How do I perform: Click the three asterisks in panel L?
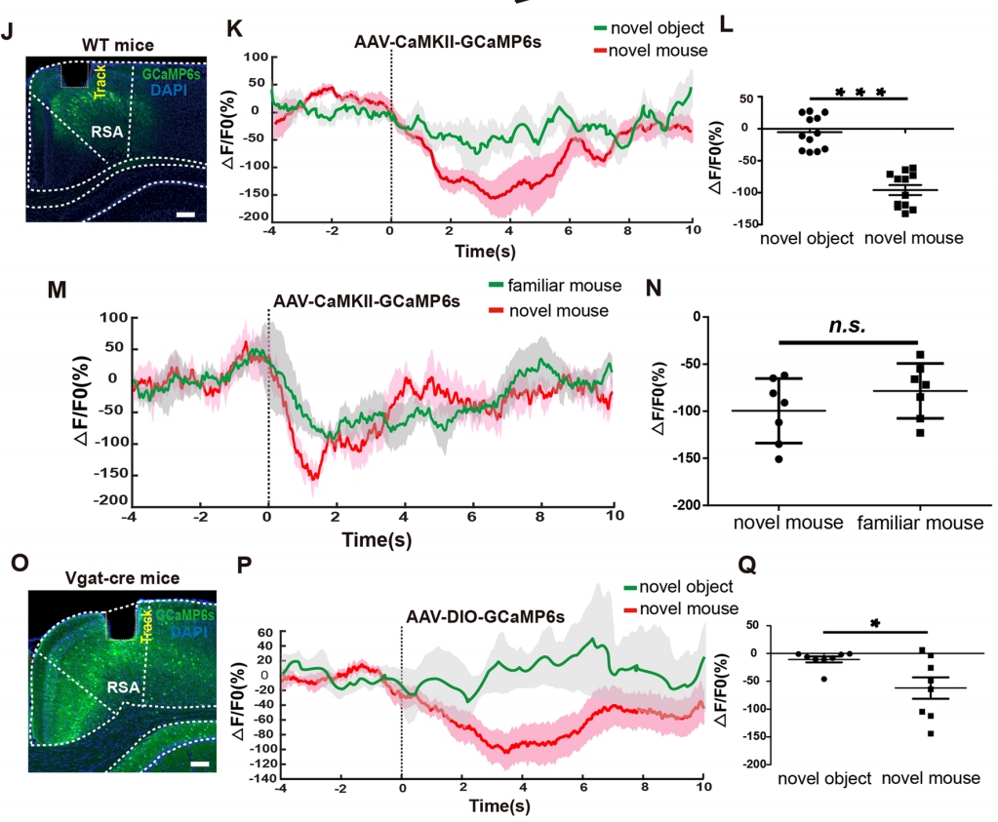click(860, 93)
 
